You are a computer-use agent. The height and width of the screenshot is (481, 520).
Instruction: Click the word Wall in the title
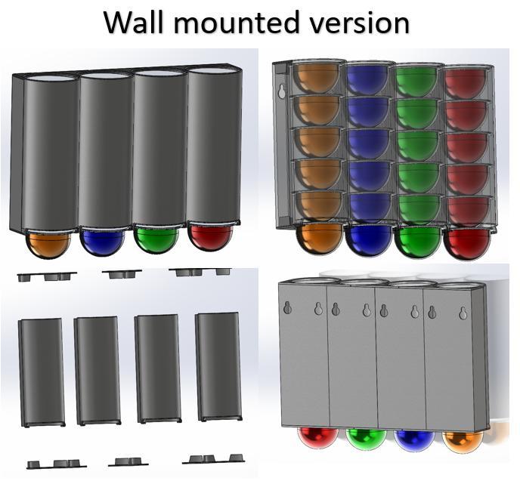(135, 22)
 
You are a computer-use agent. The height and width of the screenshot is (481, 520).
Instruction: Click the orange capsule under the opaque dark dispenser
(48, 243)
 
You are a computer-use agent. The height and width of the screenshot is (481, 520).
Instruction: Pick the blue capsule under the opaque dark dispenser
(103, 242)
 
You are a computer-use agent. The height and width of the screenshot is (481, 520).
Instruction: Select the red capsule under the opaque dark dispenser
(210, 238)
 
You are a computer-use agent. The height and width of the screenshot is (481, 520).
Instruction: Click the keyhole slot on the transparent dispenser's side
(282, 91)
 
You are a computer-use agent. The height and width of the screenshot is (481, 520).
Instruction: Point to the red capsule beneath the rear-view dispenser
(318, 439)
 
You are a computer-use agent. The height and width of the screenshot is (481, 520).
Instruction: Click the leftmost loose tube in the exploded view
(42, 372)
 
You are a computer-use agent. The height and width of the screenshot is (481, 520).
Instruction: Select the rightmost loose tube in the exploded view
(218, 367)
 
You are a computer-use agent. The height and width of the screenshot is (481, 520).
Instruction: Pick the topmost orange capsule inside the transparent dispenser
(316, 79)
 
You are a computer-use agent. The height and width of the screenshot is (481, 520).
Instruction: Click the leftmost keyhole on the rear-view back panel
(287, 308)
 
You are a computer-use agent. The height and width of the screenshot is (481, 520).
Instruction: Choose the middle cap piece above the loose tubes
(122, 273)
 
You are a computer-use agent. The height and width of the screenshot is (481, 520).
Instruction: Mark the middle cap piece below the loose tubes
(128, 461)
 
